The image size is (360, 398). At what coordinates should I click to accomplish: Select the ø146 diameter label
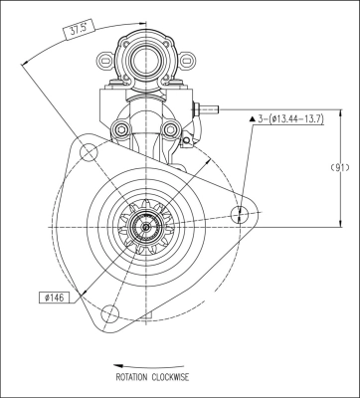pyautogui.click(x=55, y=296)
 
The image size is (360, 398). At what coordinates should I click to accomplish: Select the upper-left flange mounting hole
pyautogui.click(x=89, y=152)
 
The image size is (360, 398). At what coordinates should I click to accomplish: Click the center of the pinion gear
pyautogui.click(x=146, y=228)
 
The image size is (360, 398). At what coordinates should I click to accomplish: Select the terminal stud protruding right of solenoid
pyautogui.click(x=209, y=110)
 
